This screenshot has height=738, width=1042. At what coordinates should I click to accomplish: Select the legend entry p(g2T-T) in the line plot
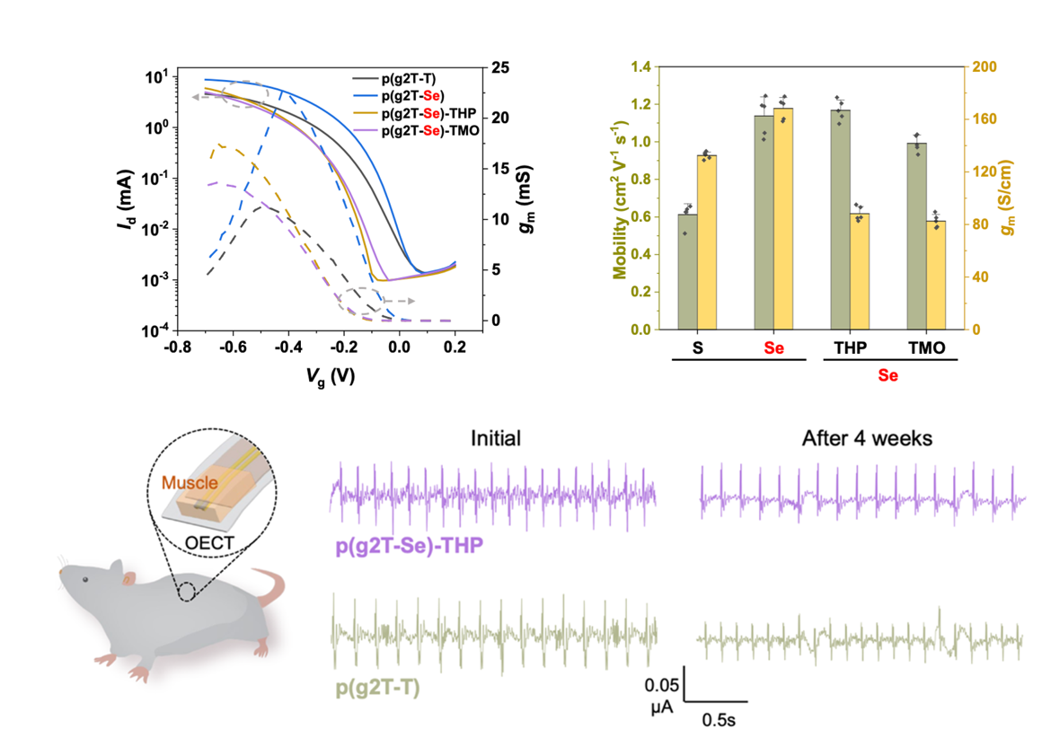pyautogui.click(x=411, y=79)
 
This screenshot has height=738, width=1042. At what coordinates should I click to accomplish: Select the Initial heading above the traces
pyautogui.click(x=497, y=439)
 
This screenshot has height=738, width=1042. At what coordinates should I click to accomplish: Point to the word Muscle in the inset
pyautogui.click(x=190, y=483)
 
